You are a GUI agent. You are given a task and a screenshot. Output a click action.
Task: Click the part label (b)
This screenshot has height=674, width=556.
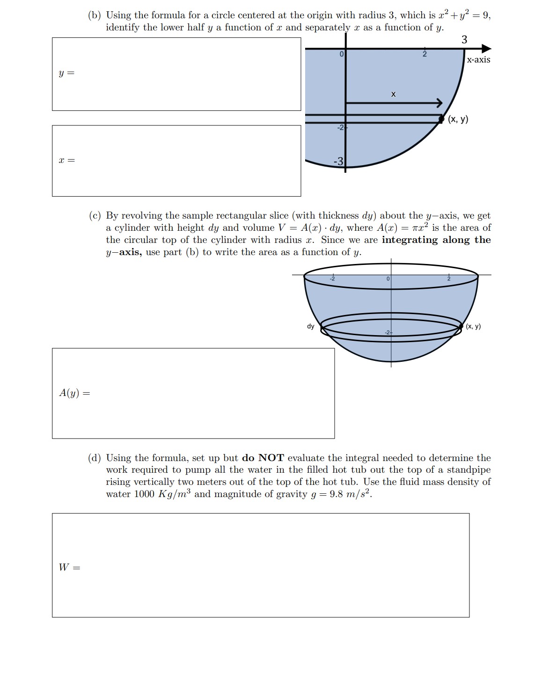(x=95, y=15)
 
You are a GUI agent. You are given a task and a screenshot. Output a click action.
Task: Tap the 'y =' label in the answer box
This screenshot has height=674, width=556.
(x=66, y=73)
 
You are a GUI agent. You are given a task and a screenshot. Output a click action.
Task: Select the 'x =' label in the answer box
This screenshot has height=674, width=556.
(x=66, y=161)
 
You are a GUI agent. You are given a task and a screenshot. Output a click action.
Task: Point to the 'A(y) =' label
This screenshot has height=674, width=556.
(x=74, y=393)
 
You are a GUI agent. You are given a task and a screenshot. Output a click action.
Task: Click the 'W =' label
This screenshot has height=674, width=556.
(x=69, y=568)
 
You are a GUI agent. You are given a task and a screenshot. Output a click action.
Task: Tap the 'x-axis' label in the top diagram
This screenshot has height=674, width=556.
(x=478, y=60)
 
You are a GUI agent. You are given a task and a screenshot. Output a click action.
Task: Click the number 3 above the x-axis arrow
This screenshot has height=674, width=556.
(x=464, y=40)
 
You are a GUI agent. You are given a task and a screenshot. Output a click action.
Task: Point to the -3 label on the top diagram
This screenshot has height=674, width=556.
(x=338, y=161)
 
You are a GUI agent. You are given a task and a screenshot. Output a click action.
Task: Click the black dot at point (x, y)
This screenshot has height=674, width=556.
(x=441, y=119)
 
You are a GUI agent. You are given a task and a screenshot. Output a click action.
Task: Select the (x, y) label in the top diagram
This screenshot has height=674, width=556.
(x=458, y=119)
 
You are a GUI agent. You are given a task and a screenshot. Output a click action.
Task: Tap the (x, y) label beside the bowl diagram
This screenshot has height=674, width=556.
(x=473, y=326)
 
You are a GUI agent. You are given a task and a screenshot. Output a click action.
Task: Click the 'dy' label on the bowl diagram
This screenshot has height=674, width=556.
(x=310, y=326)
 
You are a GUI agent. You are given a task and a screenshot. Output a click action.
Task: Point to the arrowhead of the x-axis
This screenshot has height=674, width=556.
(x=487, y=49)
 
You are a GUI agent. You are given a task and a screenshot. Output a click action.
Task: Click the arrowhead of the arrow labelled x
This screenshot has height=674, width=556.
(x=439, y=103)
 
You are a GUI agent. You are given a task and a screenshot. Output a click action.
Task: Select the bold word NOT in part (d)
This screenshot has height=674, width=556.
(x=271, y=458)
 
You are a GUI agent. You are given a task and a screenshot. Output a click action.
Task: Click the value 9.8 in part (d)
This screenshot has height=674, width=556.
(x=337, y=494)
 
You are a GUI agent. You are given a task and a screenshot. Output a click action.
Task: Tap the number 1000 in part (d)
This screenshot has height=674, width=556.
(x=144, y=494)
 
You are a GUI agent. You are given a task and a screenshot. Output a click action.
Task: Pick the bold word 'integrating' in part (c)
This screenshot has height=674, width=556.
(x=410, y=240)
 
